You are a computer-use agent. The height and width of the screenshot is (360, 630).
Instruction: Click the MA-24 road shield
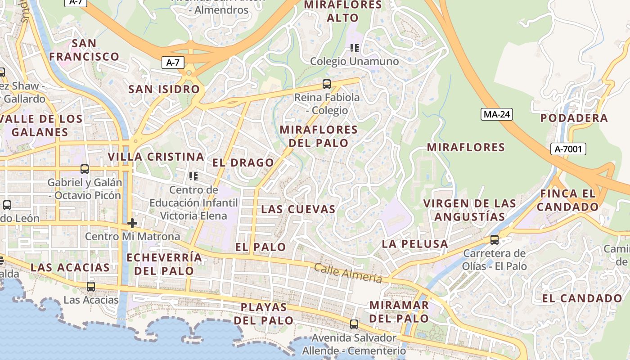497,114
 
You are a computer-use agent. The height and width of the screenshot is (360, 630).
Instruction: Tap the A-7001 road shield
568,149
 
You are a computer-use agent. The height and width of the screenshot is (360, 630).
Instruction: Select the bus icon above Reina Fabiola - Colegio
327,84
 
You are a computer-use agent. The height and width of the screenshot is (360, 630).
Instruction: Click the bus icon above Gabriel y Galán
85,169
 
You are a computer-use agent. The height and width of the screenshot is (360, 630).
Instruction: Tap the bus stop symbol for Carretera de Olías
495,240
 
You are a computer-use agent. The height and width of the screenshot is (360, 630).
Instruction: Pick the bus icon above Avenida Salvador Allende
354,324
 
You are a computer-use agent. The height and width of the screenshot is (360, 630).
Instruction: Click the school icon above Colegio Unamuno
355,48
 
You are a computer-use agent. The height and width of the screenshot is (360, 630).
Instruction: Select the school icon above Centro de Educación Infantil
193,176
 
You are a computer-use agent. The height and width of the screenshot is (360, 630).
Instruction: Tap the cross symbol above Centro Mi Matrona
132,223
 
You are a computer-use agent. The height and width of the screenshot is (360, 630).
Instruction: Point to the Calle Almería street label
348,273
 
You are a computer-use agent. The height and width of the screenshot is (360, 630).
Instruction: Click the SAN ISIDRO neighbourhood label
164,89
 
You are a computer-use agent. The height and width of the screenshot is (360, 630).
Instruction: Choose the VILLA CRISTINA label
156,157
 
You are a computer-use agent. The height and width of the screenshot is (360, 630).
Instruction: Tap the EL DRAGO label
243,162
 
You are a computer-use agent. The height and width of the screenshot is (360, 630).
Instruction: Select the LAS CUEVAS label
298,209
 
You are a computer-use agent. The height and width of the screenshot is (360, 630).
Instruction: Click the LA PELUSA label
415,244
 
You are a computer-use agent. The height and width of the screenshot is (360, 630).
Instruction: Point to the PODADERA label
574,118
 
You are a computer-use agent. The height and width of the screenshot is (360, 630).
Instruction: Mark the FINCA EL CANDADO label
568,200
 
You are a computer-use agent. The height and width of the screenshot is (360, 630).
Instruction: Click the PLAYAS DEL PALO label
264,314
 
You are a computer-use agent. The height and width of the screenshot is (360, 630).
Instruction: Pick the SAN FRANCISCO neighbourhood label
84,50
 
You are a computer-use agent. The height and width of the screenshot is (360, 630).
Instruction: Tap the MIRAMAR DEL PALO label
399,311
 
